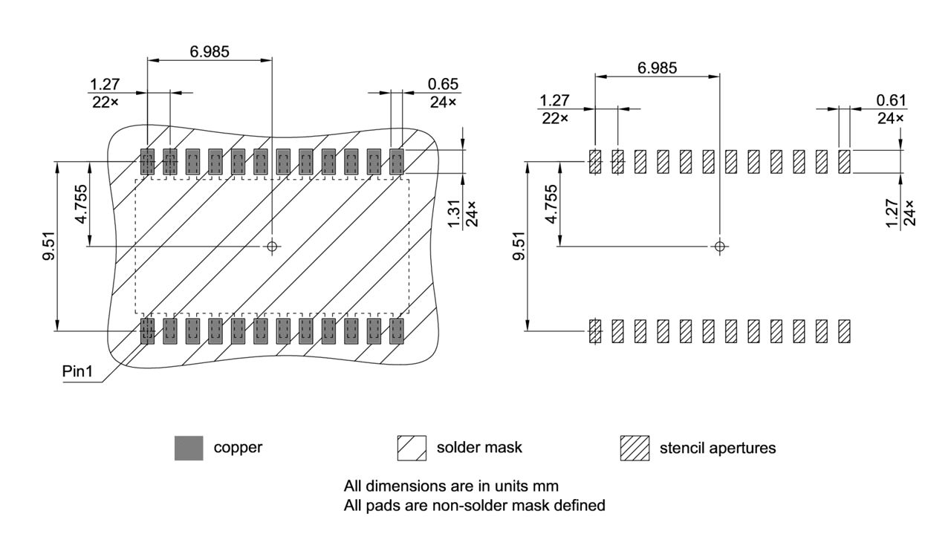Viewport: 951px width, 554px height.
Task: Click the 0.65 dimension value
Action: coord(443,83)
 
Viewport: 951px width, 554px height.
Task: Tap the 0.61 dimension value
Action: coord(891,100)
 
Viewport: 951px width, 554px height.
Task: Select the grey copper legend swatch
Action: coord(189,448)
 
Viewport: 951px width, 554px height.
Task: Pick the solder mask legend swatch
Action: coord(412,448)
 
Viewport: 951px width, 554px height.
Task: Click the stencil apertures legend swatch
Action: coord(634,448)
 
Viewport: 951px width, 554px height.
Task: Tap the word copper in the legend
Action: coord(238,448)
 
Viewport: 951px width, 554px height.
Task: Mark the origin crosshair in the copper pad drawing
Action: coord(272,246)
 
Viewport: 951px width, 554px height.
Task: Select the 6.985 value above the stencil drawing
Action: coord(657,68)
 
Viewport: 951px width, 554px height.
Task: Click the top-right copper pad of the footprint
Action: coord(397,161)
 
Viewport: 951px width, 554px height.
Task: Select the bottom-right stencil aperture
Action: coord(844,331)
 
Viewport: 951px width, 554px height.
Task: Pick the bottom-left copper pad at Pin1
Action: coord(147,331)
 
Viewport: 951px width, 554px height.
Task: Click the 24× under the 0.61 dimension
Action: coord(891,118)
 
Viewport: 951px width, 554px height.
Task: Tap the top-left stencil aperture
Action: coord(594,162)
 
